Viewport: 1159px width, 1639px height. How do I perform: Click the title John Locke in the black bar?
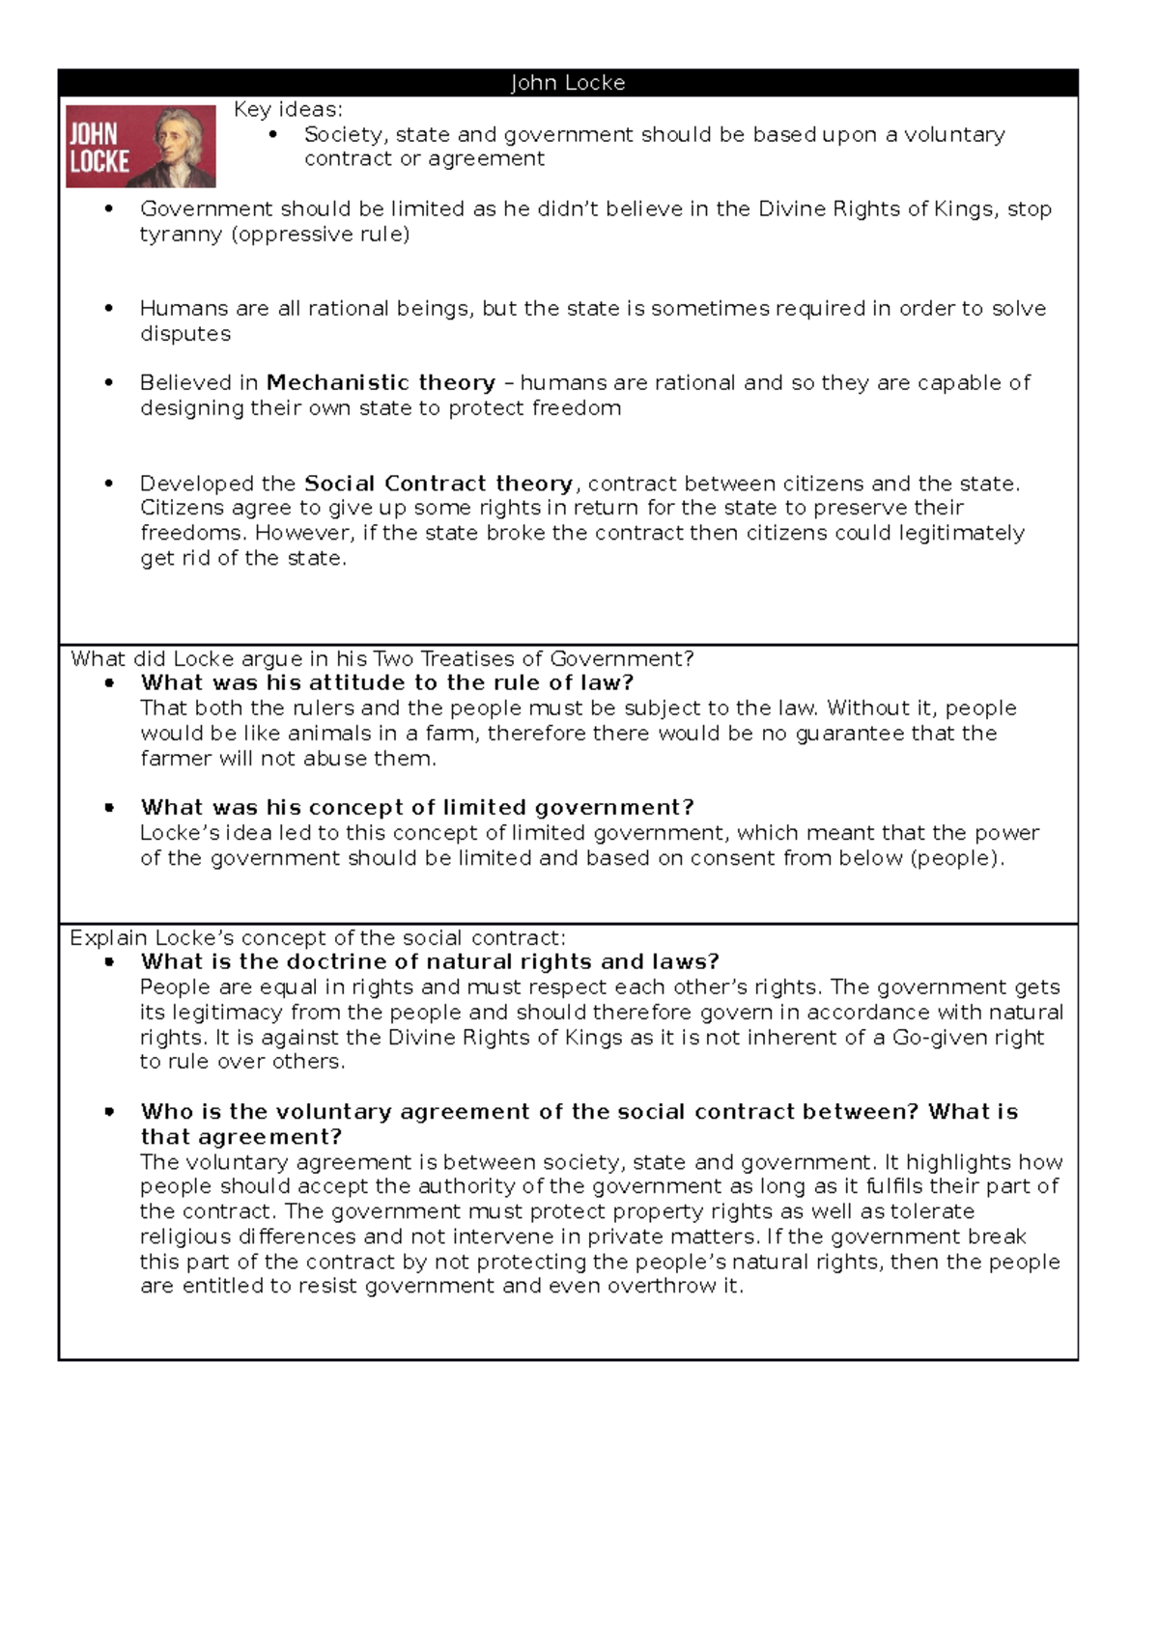[x=568, y=83]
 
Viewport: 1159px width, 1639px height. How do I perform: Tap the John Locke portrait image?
[x=141, y=147]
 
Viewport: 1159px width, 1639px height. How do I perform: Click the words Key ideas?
[x=288, y=110]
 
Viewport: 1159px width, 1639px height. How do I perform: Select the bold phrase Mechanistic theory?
[x=381, y=383]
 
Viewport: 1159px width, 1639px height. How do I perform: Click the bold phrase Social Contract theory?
[x=438, y=484]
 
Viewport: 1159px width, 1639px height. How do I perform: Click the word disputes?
[x=185, y=334]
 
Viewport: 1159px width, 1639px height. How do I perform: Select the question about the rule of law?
[x=386, y=683]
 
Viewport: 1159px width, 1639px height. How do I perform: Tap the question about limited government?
[x=416, y=808]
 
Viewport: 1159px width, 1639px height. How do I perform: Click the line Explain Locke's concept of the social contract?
[x=318, y=938]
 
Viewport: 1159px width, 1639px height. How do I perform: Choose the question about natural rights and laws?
[x=430, y=962]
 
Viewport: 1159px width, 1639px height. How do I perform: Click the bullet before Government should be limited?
[x=109, y=209]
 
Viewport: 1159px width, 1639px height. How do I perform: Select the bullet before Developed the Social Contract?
[x=109, y=484]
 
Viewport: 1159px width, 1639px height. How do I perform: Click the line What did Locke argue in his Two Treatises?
[x=382, y=659]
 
